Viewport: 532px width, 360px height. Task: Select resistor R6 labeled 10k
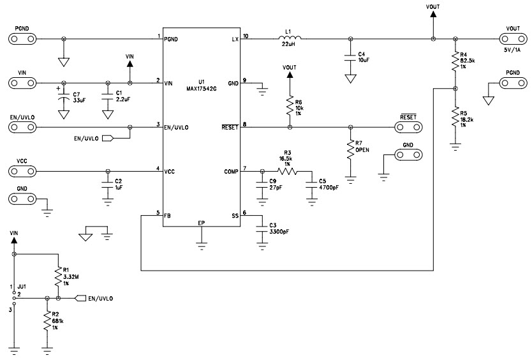coord(290,104)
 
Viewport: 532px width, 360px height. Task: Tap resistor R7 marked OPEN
coord(350,149)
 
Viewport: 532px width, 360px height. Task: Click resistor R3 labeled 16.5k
coord(288,171)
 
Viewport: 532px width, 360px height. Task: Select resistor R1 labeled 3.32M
coord(58,276)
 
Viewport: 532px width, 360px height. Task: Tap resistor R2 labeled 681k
coord(47,321)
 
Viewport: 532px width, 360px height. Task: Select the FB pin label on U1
coord(167,216)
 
